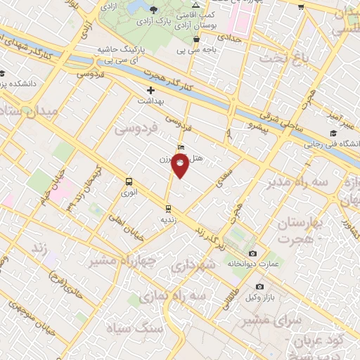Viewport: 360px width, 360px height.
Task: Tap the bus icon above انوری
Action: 129,180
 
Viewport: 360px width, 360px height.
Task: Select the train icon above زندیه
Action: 167,208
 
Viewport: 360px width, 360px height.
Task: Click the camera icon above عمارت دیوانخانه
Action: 253,253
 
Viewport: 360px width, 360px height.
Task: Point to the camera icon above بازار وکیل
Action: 259,287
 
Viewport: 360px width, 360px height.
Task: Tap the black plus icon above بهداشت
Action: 150,91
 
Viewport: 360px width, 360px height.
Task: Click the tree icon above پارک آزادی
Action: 154,8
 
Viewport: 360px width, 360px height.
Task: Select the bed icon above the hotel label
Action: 182,148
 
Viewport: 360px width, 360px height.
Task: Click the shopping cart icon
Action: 301,7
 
